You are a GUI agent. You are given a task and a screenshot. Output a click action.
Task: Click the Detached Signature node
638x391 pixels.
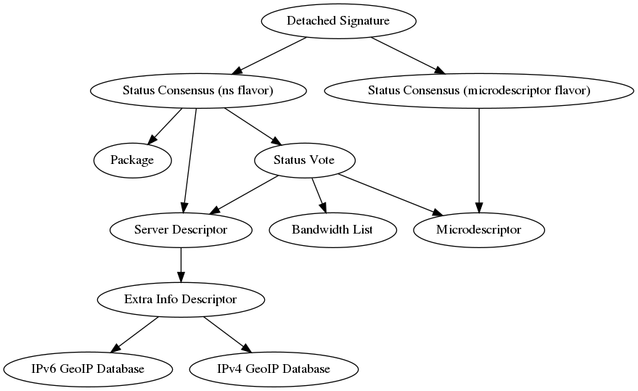click(338, 21)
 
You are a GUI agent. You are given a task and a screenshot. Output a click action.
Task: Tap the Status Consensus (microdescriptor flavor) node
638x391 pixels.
click(478, 91)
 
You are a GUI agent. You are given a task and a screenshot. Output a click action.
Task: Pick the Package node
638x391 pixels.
click(132, 160)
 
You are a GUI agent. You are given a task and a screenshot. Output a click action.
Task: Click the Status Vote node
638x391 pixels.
click(304, 160)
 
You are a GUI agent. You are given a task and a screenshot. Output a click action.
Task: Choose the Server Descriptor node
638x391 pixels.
click(181, 230)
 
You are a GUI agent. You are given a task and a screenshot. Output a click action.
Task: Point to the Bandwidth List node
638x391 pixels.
click(332, 230)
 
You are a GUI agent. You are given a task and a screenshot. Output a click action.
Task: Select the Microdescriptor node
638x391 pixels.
click(478, 230)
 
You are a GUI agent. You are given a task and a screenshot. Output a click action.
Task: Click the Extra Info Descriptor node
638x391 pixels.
click(181, 299)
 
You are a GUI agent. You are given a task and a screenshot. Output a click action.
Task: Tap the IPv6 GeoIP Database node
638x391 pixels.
click(88, 369)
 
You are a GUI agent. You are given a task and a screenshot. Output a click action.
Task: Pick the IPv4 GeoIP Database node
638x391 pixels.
click(274, 369)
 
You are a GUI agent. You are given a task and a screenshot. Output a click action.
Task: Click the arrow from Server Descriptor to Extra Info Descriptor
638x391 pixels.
click(181, 264)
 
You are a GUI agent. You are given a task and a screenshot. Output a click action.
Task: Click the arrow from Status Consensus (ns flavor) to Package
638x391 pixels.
click(165, 125)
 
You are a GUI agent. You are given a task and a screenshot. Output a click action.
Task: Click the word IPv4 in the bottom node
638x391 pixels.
click(231, 369)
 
